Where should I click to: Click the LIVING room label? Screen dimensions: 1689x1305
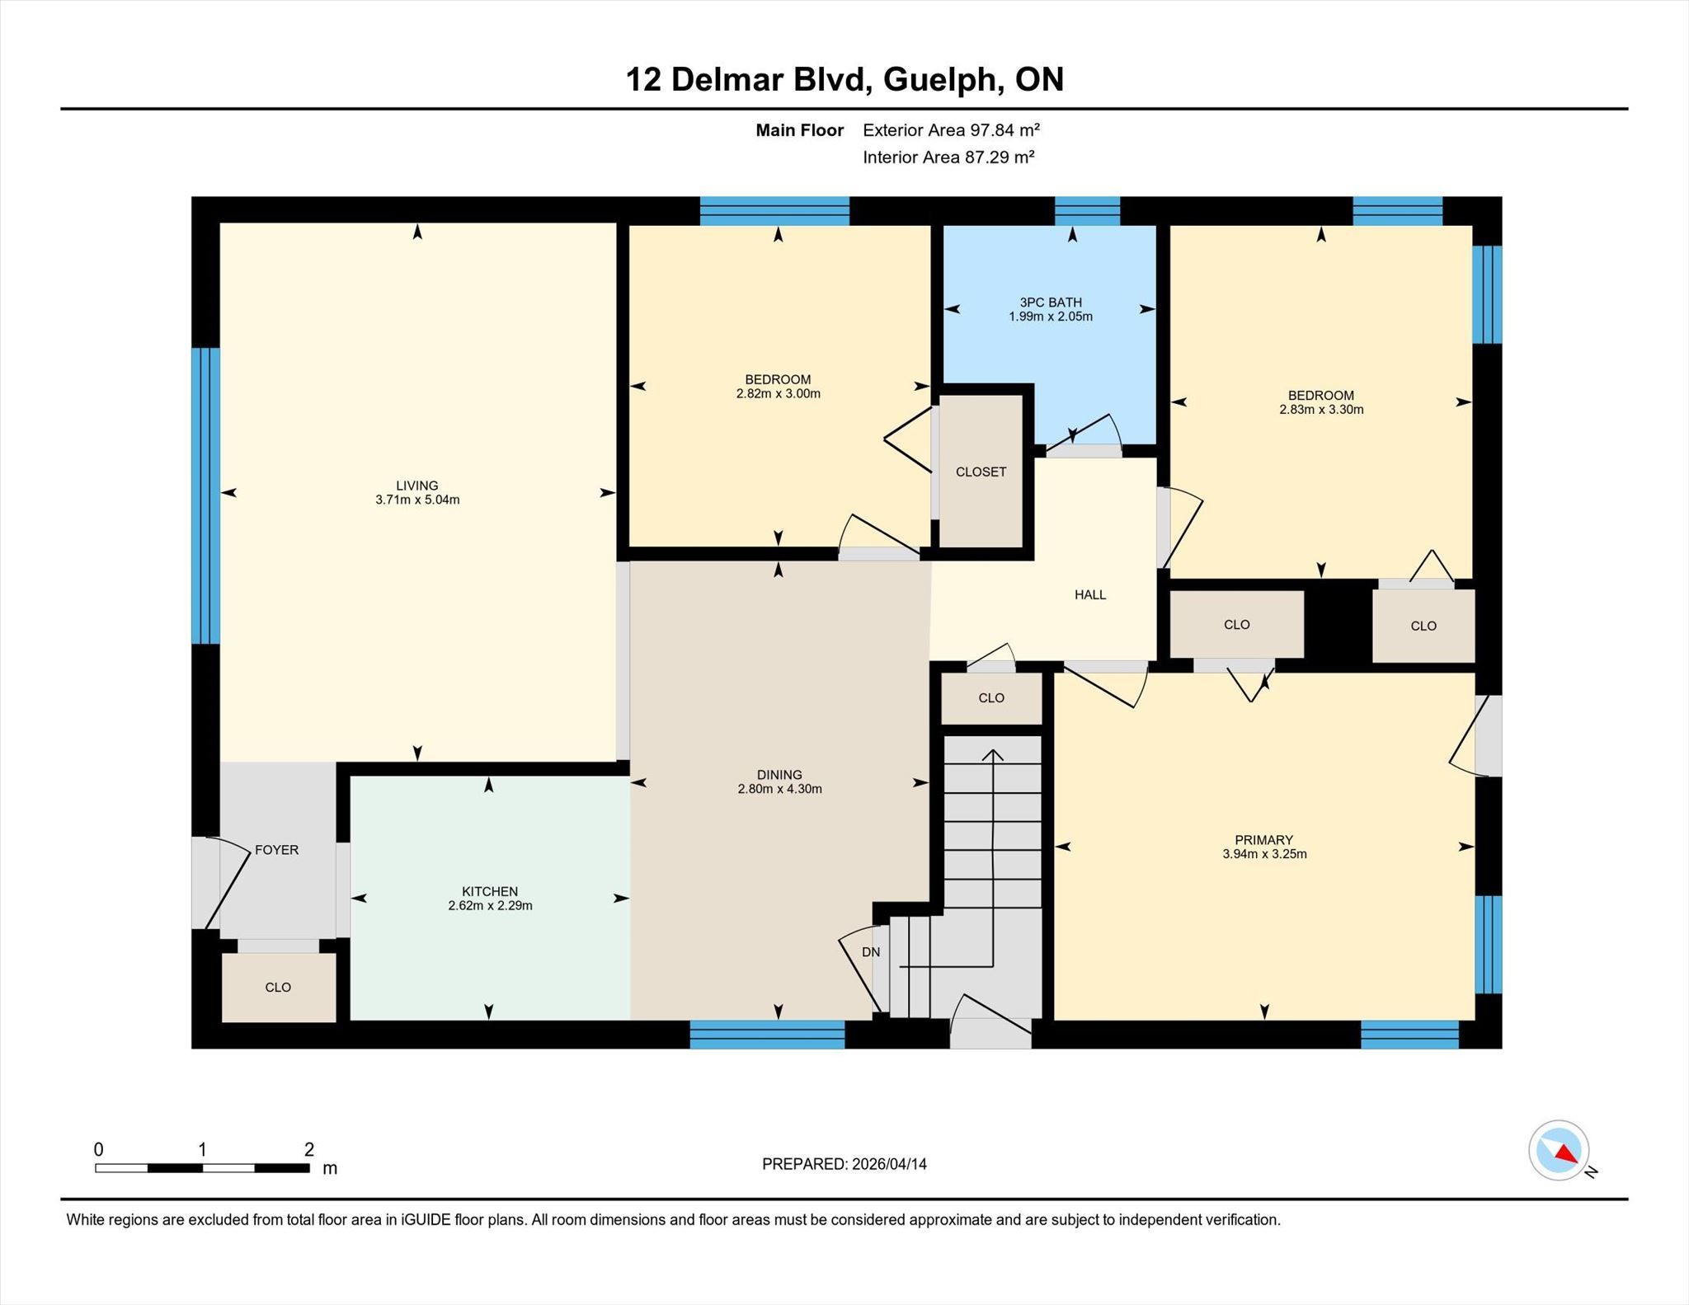pyautogui.click(x=416, y=486)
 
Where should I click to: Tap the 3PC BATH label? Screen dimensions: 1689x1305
pyautogui.click(x=1051, y=303)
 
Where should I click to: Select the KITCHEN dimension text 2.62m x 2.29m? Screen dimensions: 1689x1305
pyautogui.click(x=490, y=905)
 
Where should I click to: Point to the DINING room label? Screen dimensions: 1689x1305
pyautogui.click(x=779, y=775)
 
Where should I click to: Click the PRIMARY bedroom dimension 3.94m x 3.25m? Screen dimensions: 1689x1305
pyautogui.click(x=1264, y=854)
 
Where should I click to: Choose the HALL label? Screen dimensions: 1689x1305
pyautogui.click(x=1090, y=594)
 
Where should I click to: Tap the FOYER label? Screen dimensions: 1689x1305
pyautogui.click(x=276, y=850)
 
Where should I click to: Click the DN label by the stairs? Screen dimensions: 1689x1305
pyautogui.click(x=871, y=952)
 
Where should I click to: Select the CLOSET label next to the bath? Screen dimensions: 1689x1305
pyautogui.click(x=981, y=472)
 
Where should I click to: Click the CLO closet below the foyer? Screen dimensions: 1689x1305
pyautogui.click(x=278, y=988)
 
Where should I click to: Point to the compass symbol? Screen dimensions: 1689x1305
pyautogui.click(x=1559, y=1150)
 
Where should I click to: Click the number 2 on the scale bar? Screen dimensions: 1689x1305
pyautogui.click(x=308, y=1149)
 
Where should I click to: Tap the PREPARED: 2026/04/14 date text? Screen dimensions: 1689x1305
pyautogui.click(x=844, y=1164)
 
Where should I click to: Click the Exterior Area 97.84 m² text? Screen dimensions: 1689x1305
pyautogui.click(x=951, y=129)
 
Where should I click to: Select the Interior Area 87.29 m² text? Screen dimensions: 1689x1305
pyautogui.click(x=948, y=157)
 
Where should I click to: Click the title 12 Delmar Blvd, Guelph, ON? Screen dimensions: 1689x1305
pyautogui.click(x=844, y=79)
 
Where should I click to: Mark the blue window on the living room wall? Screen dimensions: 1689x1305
pyautogui.click(x=206, y=495)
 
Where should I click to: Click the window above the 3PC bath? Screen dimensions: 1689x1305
pyautogui.click(x=1088, y=211)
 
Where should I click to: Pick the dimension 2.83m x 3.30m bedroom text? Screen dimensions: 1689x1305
pyautogui.click(x=1321, y=410)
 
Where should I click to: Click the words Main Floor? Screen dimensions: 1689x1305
pyautogui.click(x=799, y=130)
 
